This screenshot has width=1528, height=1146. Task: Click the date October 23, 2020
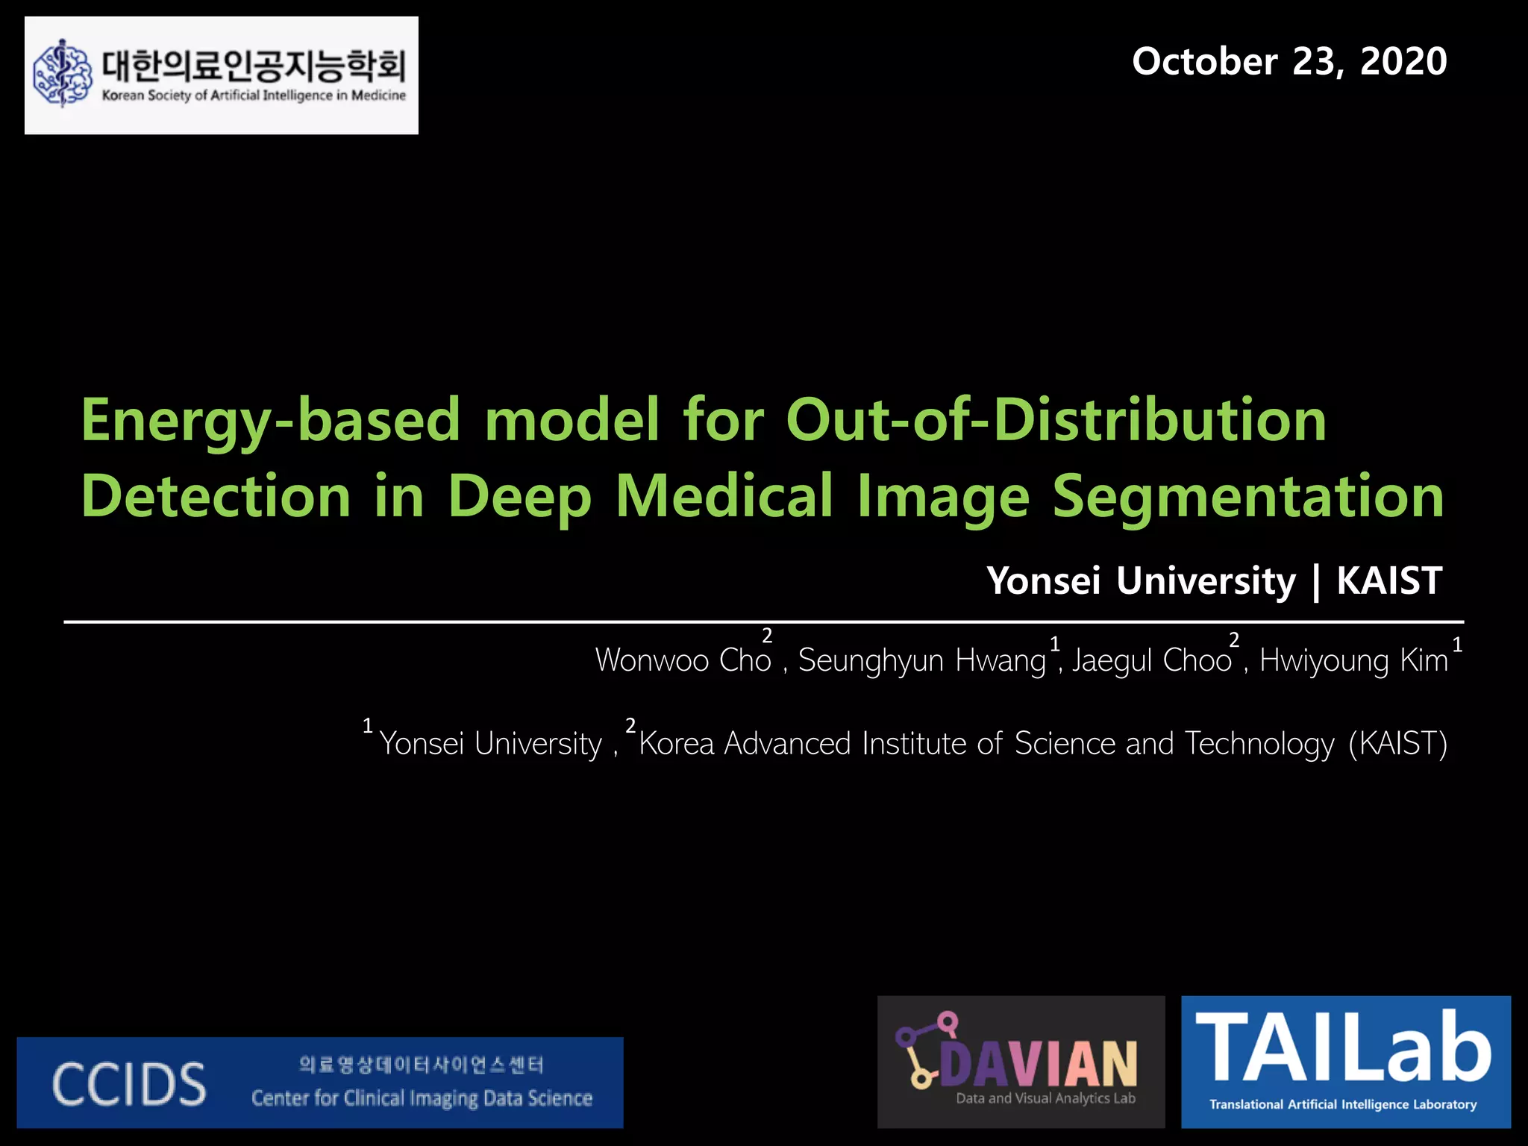tap(1289, 61)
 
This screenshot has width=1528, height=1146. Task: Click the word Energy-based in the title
tap(270, 420)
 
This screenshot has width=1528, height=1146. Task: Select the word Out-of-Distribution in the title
tap(1056, 420)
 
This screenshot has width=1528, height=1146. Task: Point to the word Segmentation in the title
tap(1247, 497)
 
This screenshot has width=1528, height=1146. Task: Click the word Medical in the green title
tap(724, 495)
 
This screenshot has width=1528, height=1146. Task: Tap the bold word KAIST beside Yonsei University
tap(1389, 580)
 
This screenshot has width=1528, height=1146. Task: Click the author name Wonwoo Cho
tap(683, 660)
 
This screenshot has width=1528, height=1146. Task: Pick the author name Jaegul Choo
tap(1151, 660)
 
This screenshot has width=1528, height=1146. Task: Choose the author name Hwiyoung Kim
tap(1353, 660)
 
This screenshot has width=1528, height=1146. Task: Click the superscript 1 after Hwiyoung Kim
tap(1457, 644)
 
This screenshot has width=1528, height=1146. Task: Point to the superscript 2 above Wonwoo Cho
tap(767, 636)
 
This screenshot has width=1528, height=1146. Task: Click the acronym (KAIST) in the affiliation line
tap(1397, 744)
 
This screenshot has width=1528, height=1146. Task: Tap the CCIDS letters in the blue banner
tap(129, 1084)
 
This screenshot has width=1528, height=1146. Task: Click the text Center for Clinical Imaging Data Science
tap(422, 1098)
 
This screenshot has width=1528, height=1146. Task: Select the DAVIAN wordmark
tap(1037, 1062)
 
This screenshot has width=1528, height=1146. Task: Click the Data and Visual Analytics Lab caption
tap(1045, 1098)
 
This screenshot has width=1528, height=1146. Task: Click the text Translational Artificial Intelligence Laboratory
tap(1343, 1104)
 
